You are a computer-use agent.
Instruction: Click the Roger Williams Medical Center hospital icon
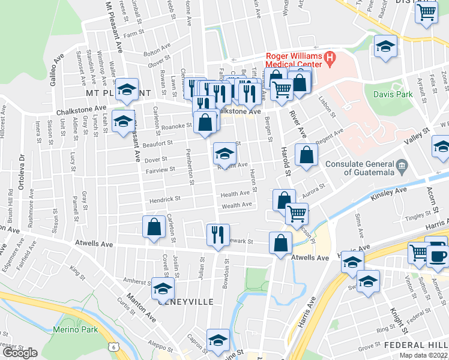[x=330, y=58]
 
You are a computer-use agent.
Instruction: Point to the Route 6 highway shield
[x=113, y=347]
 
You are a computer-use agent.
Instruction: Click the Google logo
[x=20, y=352]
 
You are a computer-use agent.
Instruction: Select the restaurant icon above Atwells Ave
[x=217, y=234]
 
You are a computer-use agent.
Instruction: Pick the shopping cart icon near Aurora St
[x=297, y=213]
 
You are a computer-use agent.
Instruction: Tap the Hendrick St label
[x=165, y=199]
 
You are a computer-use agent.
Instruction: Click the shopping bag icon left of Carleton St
[x=154, y=227]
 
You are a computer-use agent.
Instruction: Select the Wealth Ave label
[x=237, y=205]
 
